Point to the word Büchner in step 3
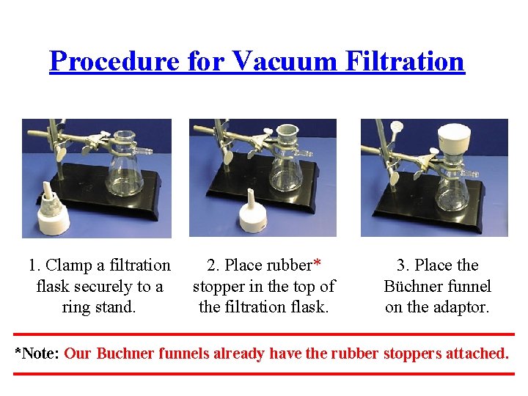coord(413,286)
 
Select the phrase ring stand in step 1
coord(99,307)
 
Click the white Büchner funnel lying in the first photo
coord(51,213)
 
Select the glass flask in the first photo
coord(124,172)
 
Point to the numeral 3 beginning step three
coord(402,265)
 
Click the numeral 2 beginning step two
coord(212,265)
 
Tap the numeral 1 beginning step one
coord(32,265)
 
